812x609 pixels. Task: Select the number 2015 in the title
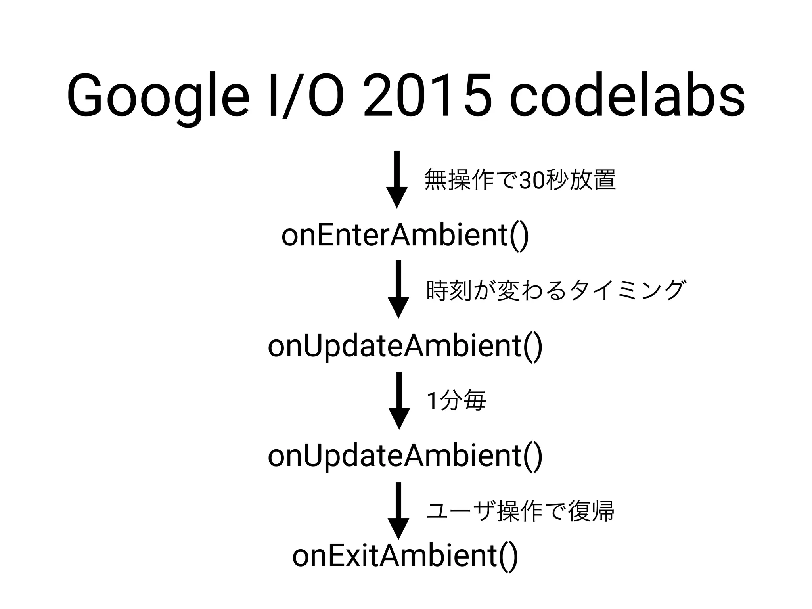[x=428, y=95]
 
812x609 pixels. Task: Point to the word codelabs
[x=627, y=95]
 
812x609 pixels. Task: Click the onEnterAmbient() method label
[x=405, y=236]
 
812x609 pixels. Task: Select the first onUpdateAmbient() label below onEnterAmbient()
[x=405, y=346]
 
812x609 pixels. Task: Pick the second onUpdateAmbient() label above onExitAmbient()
[x=405, y=456]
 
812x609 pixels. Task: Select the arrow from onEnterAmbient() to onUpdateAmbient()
[x=398, y=289]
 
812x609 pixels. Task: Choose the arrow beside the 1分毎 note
[x=399, y=400]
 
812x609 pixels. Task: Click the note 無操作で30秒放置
[x=520, y=180]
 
